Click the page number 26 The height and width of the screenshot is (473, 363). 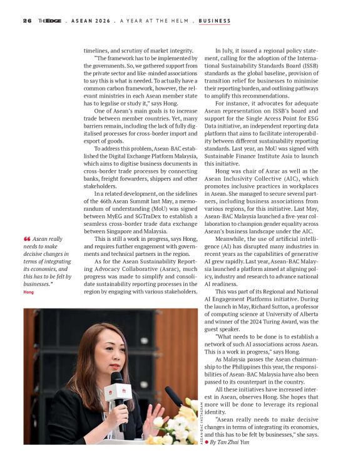[27, 21]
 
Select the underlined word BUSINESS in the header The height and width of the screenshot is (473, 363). [215, 21]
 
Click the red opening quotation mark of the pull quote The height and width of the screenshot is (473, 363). [27, 238]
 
